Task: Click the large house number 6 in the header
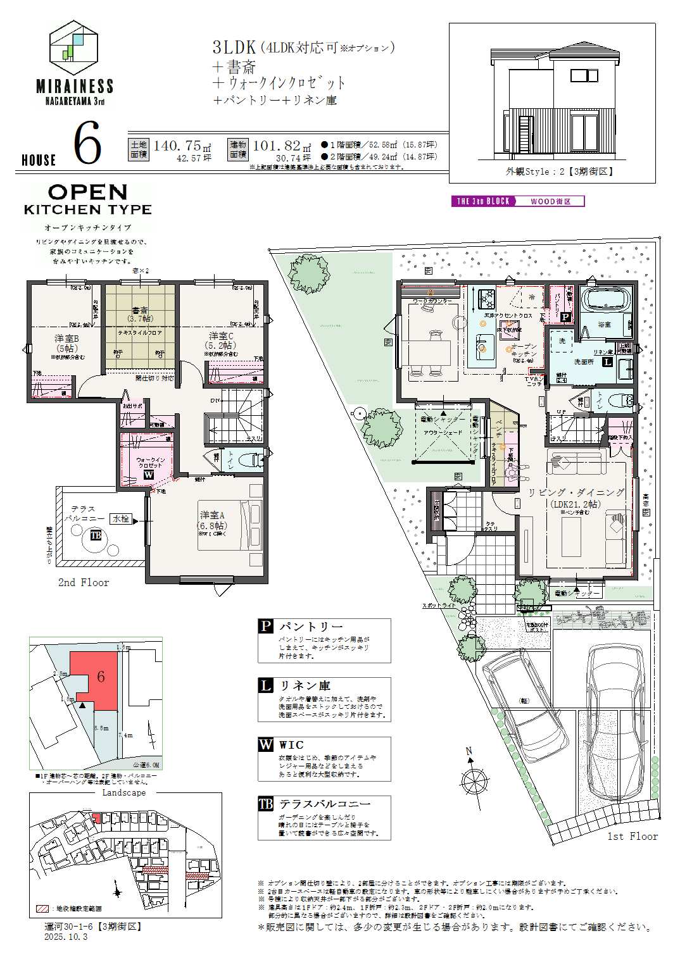click(87, 145)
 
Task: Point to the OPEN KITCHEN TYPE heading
click(87, 199)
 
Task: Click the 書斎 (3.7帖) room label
click(139, 314)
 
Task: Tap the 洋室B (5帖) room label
click(66, 343)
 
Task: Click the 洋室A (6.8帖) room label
click(212, 520)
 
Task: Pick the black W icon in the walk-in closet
click(148, 474)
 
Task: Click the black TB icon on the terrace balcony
click(95, 535)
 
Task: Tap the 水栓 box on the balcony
click(120, 519)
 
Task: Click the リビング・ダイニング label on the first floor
click(576, 492)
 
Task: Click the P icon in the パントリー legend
click(265, 627)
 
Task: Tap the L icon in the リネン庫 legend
click(265, 685)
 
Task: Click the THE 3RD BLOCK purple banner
click(483, 201)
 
